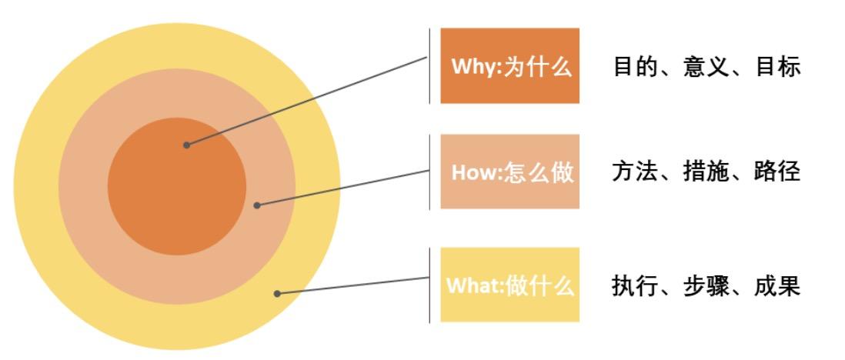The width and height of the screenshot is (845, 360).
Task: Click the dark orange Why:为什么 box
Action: tap(509, 66)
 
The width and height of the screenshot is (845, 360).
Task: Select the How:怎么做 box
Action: tap(509, 172)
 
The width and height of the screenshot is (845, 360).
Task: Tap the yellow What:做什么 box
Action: tap(509, 285)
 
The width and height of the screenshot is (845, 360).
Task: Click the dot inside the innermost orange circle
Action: tap(186, 144)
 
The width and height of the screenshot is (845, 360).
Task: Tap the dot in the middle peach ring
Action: tap(257, 205)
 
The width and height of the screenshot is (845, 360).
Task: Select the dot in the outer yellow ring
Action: tap(277, 293)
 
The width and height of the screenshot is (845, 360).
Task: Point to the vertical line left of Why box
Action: tap(429, 66)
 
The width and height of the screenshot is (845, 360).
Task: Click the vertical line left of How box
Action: tap(429, 172)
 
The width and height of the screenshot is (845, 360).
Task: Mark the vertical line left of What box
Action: tap(429, 285)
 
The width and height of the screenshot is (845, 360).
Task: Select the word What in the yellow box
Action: tap(473, 286)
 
